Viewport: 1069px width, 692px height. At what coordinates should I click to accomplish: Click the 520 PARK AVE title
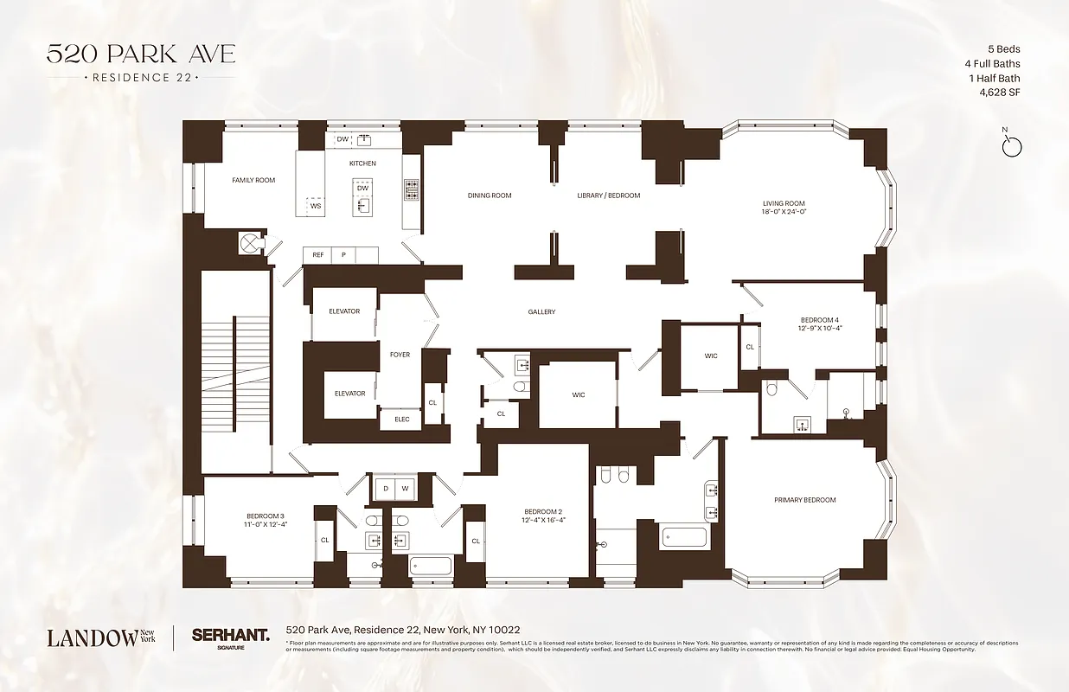[x=140, y=54]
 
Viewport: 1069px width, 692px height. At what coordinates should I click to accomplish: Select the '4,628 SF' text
[x=999, y=92]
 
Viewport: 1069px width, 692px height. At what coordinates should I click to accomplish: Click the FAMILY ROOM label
[x=253, y=180]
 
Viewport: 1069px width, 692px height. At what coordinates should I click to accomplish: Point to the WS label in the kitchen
[x=316, y=206]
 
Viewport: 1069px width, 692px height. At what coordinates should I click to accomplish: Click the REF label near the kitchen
[x=318, y=255]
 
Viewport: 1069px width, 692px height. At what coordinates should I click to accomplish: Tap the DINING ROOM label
[x=490, y=195]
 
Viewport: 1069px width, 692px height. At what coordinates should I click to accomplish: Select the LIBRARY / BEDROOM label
[x=609, y=195]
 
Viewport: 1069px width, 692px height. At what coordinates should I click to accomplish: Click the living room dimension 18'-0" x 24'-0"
[x=784, y=212]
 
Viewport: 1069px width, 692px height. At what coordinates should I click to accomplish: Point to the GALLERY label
[x=542, y=312]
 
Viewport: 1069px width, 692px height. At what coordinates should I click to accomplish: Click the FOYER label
[x=400, y=355]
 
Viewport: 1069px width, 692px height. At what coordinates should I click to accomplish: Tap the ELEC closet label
[x=402, y=420]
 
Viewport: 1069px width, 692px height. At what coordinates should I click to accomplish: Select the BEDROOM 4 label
[x=819, y=320]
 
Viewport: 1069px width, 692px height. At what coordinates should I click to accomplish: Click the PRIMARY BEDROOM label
[x=805, y=500]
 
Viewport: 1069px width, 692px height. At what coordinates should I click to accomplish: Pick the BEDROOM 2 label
[x=543, y=510]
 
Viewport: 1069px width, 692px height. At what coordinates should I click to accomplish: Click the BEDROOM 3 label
[x=265, y=516]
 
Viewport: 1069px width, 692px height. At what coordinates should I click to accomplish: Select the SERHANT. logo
[x=230, y=635]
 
